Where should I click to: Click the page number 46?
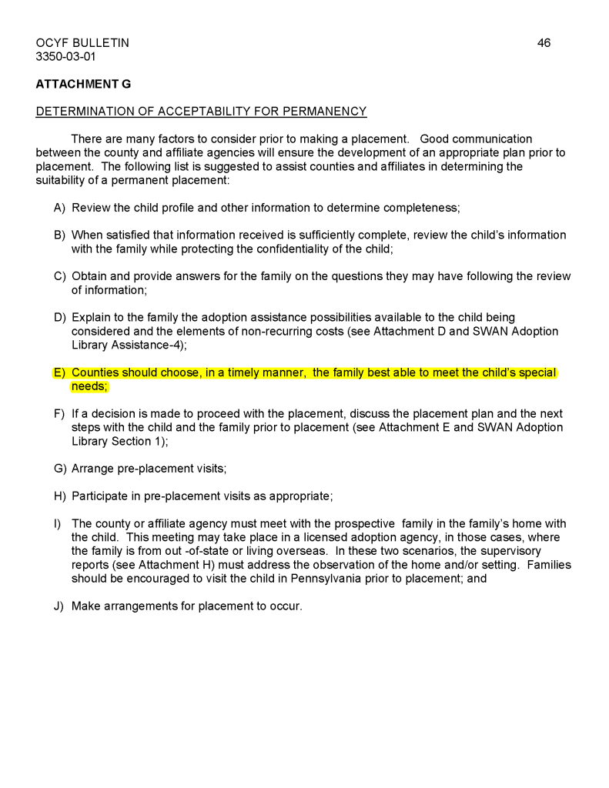click(544, 43)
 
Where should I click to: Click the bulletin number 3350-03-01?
click(65, 57)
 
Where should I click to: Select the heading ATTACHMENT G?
click(83, 84)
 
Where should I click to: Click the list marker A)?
click(59, 208)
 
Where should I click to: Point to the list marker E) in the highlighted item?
click(59, 373)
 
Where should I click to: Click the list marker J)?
click(59, 606)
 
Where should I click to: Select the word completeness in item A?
click(427, 208)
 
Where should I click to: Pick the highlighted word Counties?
click(97, 373)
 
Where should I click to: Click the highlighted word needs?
click(89, 387)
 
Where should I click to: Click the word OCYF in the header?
click(52, 43)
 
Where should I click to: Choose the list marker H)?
click(59, 496)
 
